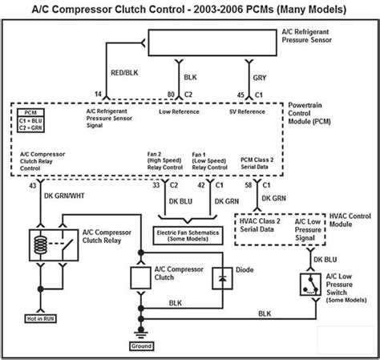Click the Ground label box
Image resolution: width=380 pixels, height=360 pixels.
(141, 346)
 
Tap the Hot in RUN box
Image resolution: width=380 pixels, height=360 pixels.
(40, 318)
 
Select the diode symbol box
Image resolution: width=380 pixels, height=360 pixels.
(222, 278)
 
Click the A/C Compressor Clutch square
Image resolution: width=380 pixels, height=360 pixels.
(140, 277)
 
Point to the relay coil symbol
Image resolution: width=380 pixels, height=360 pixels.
(41, 245)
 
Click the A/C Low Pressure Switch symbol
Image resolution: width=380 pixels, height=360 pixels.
(310, 285)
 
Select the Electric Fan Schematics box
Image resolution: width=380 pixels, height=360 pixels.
(188, 236)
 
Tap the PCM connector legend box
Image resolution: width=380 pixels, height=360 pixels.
(30, 120)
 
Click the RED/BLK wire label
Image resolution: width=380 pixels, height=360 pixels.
(124, 73)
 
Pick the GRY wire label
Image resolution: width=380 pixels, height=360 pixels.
(260, 78)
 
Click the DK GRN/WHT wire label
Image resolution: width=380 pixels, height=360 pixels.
(64, 196)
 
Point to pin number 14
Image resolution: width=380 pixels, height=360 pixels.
(98, 94)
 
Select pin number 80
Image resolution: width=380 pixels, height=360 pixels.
(171, 95)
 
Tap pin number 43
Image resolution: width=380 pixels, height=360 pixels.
(32, 185)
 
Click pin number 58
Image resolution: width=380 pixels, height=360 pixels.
(249, 185)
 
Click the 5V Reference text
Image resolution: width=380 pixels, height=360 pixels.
(247, 111)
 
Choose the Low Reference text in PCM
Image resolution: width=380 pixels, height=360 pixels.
(179, 111)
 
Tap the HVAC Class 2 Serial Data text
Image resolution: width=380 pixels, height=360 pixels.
(260, 225)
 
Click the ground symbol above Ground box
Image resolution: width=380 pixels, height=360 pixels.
(141, 334)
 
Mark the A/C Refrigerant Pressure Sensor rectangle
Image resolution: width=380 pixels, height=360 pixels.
(212, 42)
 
